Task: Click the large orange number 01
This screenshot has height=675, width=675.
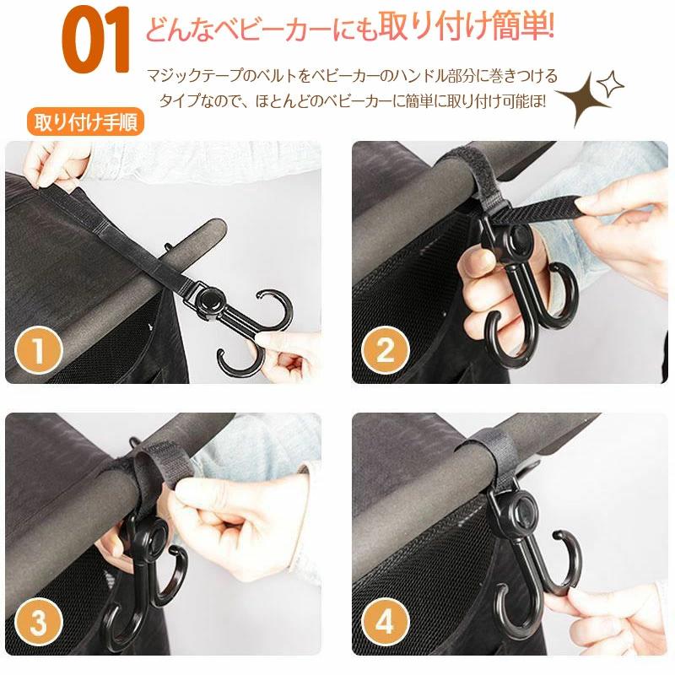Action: click(96, 40)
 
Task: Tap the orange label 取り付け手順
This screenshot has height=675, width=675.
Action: click(86, 122)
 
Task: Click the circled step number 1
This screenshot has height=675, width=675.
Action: click(39, 351)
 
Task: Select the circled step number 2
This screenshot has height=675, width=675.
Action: click(386, 350)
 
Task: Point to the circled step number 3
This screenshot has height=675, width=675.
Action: click(39, 622)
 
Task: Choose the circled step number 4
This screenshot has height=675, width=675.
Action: click(386, 622)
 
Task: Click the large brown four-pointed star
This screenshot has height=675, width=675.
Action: click(583, 99)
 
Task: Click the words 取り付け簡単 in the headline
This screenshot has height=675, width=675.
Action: click(466, 27)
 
